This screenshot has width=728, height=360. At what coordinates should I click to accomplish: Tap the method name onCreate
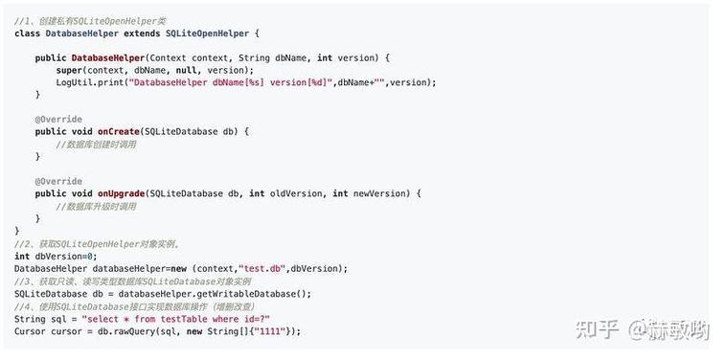tap(118, 131)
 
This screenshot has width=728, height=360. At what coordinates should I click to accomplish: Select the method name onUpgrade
tap(121, 193)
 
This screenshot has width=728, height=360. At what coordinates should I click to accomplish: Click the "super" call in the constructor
tap(68, 71)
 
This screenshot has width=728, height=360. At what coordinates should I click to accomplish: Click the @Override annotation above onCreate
tap(58, 119)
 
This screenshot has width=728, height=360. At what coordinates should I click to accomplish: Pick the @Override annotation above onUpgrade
tap(58, 181)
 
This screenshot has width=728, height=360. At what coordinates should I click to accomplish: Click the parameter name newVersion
tap(380, 193)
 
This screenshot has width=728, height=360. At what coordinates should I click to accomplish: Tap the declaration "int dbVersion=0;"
tap(56, 257)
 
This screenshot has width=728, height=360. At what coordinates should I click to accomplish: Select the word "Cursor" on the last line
tap(30, 331)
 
